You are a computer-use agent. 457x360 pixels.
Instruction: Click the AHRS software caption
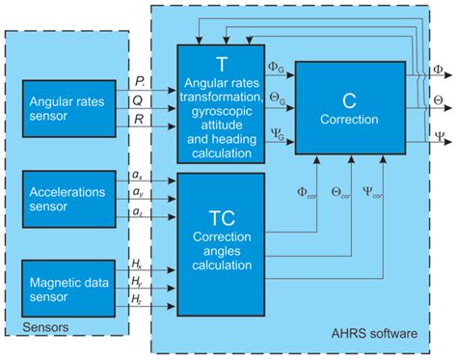[376, 333]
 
